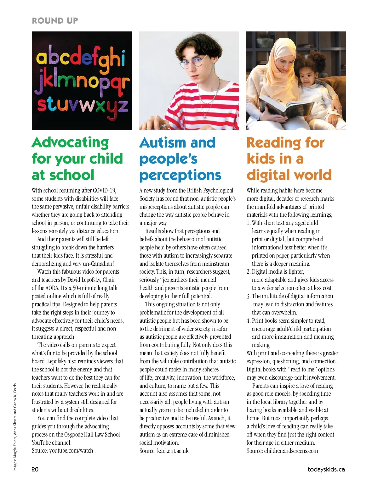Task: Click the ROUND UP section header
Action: coord(55,21)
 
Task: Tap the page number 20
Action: coord(35,470)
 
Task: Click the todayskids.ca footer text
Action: coord(326,470)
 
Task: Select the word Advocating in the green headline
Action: coord(70,142)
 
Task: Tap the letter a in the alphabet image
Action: coord(42,59)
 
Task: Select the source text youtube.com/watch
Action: coord(71,451)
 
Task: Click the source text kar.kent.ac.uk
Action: coord(173,451)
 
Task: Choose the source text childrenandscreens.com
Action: coord(291,451)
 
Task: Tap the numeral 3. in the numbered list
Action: coord(249,296)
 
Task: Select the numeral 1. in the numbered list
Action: coord(249,223)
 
